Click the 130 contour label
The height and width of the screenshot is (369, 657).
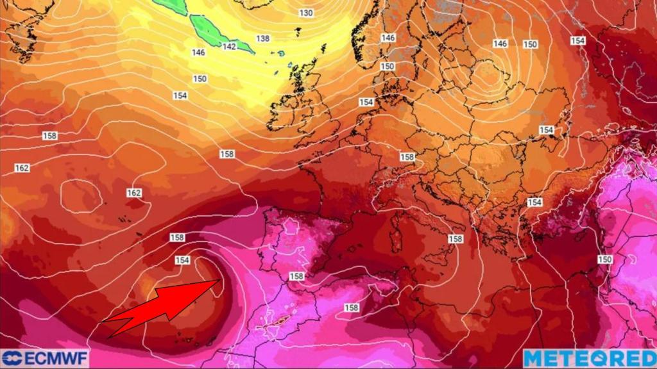pyautogui.click(x=306, y=13)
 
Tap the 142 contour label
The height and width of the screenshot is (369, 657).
pyautogui.click(x=230, y=46)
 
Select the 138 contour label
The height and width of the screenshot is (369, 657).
pyautogui.click(x=263, y=38)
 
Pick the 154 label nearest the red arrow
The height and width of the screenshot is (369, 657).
pyautogui.click(x=182, y=259)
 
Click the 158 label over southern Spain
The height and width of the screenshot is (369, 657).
pyautogui.click(x=296, y=276)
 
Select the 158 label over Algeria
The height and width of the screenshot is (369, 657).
pyautogui.click(x=351, y=307)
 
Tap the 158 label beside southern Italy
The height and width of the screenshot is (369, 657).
pyautogui.click(x=456, y=238)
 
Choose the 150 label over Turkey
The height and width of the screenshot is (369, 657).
pyautogui.click(x=604, y=259)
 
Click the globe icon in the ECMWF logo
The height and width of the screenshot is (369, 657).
pyautogui.click(x=11, y=357)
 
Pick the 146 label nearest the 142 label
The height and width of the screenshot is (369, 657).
pyautogui.click(x=199, y=53)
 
